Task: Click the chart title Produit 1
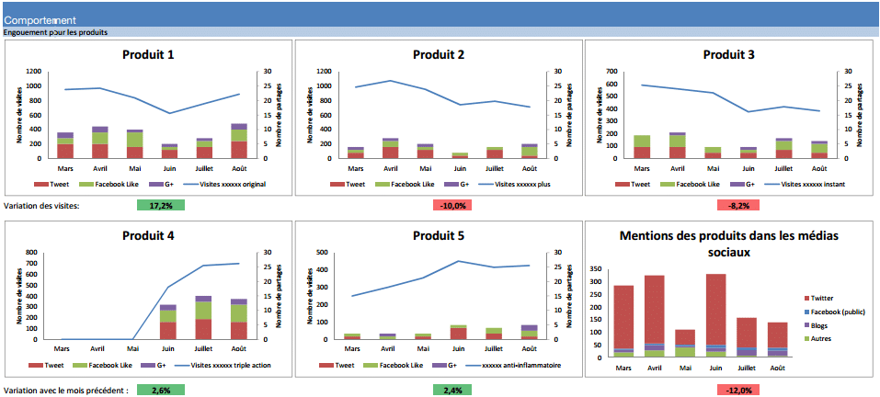point(148,54)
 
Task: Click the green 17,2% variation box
point(161,205)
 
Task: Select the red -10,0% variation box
point(451,205)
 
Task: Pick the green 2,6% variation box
point(161,390)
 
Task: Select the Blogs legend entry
point(818,324)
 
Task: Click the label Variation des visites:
point(42,205)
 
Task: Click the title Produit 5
point(439,235)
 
